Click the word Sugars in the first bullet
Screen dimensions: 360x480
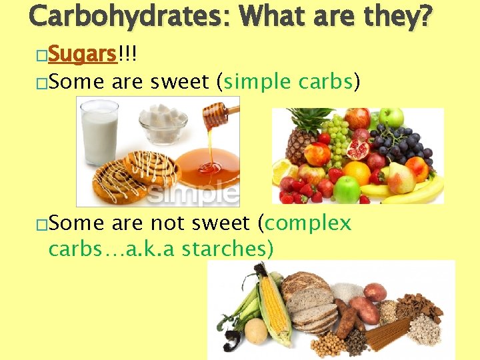click(x=83, y=54)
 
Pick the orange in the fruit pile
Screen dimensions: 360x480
click(x=357, y=173)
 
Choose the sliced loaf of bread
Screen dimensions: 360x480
click(x=313, y=303)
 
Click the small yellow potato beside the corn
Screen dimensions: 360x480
click(x=255, y=330)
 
